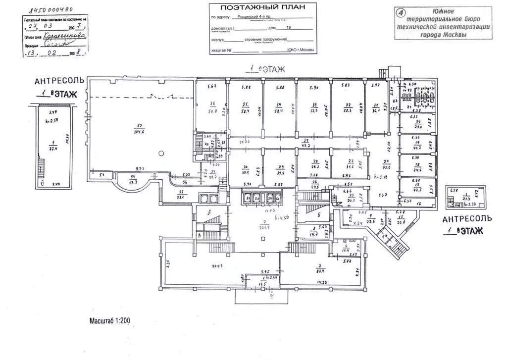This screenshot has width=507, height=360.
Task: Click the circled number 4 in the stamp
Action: coord(402,11)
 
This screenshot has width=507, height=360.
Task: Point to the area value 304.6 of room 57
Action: coord(139,132)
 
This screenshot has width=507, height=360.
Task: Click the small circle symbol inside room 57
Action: coord(159,153)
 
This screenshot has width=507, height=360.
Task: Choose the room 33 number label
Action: coord(314,104)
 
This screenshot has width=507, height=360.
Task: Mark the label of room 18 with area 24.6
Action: coord(417,163)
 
